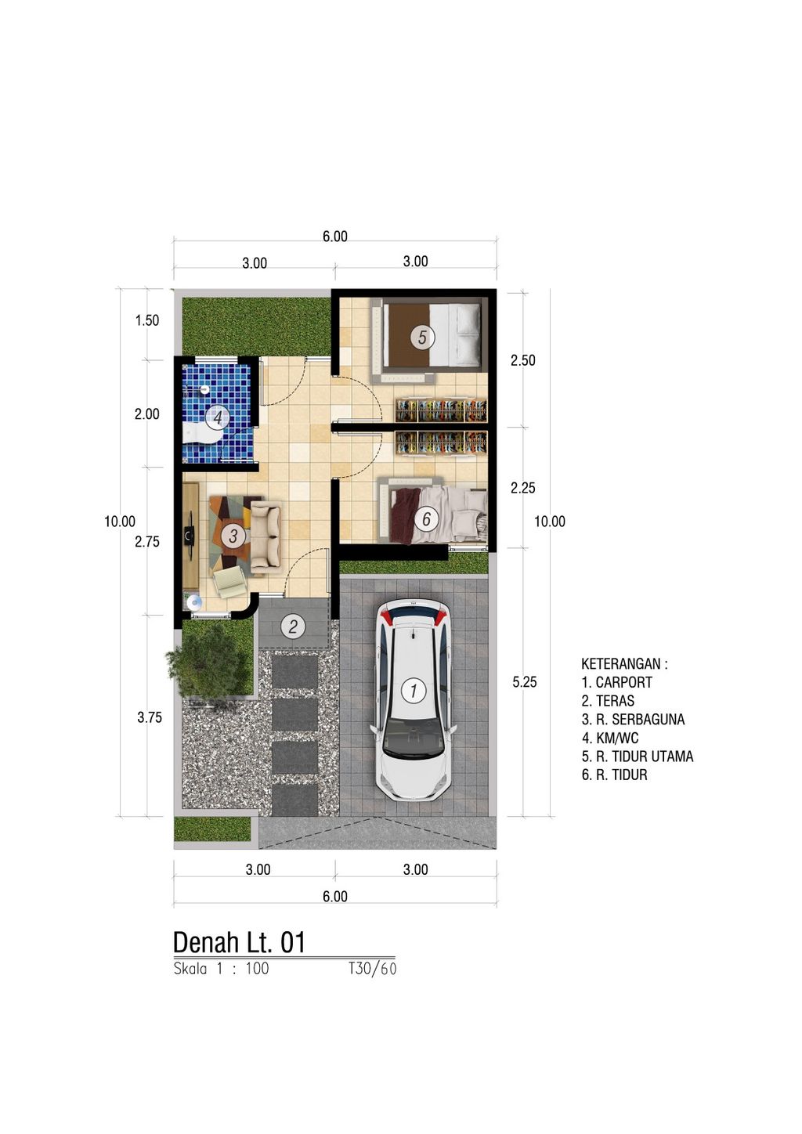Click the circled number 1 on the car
click(413, 690)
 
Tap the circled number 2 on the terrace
click(293, 626)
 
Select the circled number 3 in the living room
click(233, 536)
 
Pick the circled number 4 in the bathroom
click(218, 417)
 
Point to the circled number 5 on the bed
click(422, 338)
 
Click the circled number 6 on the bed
click(426, 518)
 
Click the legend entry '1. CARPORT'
click(616, 682)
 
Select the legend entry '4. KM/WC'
click(609, 738)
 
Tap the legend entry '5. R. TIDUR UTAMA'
click(637, 757)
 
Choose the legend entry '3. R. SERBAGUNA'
click(633, 719)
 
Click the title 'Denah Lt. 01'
click(239, 942)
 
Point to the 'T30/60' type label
click(373, 969)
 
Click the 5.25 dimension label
click(525, 682)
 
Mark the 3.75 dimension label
click(150, 717)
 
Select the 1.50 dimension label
click(147, 320)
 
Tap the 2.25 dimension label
click(523, 488)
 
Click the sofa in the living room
click(265, 537)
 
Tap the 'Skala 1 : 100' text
click(221, 969)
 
